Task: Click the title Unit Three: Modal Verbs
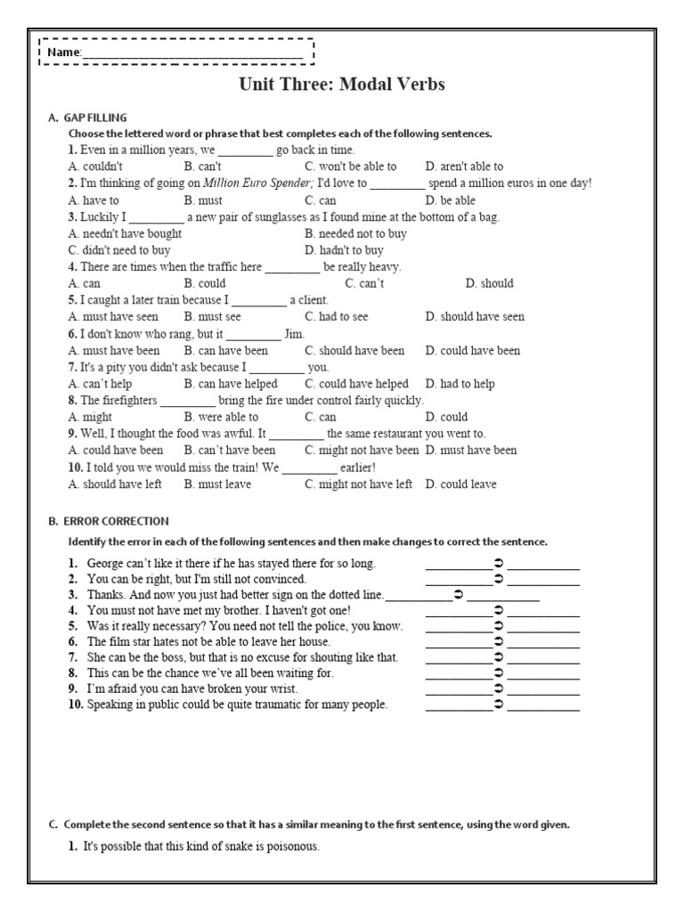[x=342, y=85]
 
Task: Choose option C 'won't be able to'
[x=351, y=167]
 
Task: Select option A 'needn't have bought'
[x=125, y=233]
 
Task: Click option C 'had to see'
[x=337, y=316]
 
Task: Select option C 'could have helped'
[x=356, y=384]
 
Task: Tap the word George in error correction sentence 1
[x=107, y=564]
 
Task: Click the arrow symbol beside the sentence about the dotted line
[x=457, y=595]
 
